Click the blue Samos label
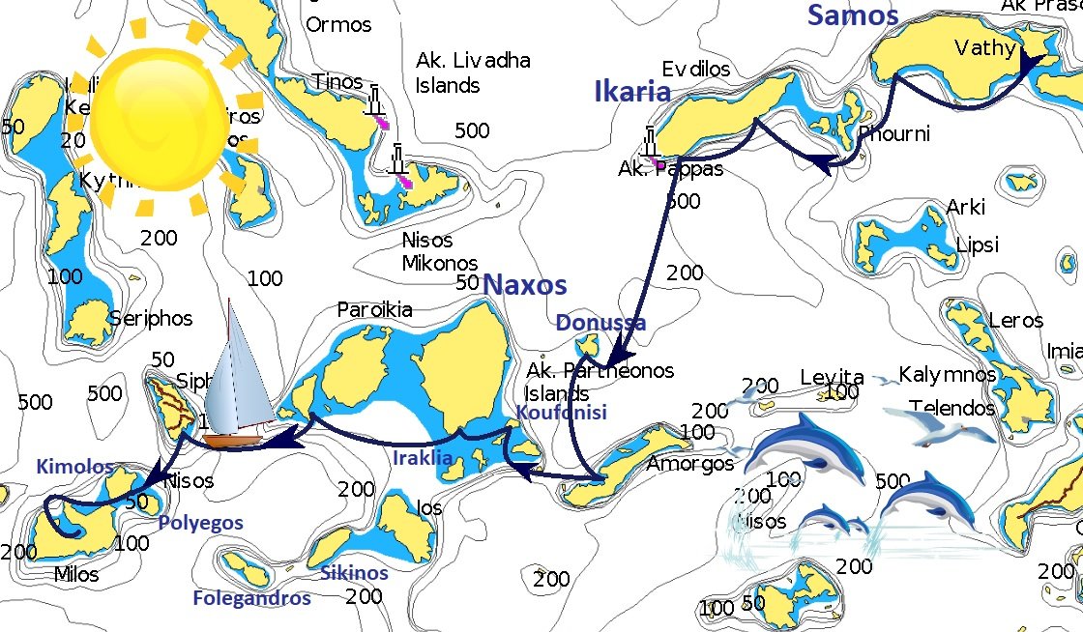853,15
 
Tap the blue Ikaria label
632,92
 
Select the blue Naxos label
524,284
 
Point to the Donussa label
600,322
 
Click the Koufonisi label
561,413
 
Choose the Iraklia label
423,458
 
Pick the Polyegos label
200,523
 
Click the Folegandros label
251,598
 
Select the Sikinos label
354,573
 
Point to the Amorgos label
690,464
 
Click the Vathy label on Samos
984,48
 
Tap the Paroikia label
374,310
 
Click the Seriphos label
150,318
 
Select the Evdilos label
696,70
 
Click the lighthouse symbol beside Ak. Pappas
652,143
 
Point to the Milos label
76,575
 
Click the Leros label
1015,320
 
